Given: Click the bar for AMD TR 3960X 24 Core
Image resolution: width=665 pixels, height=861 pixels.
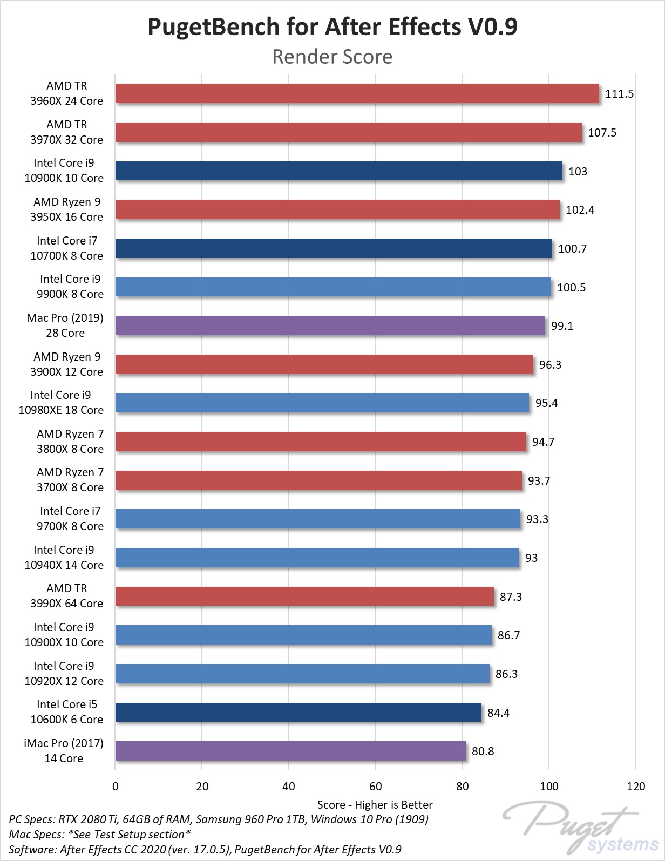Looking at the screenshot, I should coord(357,93).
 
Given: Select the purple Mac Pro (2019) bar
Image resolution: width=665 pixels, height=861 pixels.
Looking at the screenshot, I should coord(330,326).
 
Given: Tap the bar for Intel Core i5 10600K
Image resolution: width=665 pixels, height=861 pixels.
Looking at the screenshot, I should coord(298,713).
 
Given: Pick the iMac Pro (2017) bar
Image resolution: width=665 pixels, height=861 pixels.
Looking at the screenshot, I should coord(290,751).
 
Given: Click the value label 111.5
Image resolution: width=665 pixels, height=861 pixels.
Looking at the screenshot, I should coord(619,94).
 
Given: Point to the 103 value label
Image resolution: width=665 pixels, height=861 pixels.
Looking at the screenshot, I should coord(578,172).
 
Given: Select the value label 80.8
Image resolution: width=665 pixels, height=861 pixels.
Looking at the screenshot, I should coord(483,751).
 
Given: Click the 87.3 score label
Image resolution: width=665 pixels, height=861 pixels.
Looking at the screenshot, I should coord(511,596).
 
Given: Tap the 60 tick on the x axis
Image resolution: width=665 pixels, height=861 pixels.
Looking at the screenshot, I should coord(376,787).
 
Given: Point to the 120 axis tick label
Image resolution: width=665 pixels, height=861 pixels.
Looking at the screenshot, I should coord(636,787).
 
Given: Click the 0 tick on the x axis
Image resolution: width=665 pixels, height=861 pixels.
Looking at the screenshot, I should coord(115,787).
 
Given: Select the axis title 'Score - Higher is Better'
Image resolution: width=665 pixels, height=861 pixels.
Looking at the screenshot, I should coord(375,805).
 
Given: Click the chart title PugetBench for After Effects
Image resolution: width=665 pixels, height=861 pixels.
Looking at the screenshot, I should coord(332,27).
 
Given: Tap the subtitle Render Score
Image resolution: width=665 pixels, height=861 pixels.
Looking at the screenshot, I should coord(332,57).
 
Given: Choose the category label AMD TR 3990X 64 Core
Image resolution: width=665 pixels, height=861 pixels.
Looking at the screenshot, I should coord(66,596).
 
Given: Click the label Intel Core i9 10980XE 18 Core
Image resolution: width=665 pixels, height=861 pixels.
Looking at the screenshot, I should coord(61,403).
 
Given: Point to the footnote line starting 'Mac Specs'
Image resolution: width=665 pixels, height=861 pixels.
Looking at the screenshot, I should coord(100,835).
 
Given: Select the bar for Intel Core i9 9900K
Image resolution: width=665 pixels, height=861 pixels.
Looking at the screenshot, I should coord(333,287).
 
